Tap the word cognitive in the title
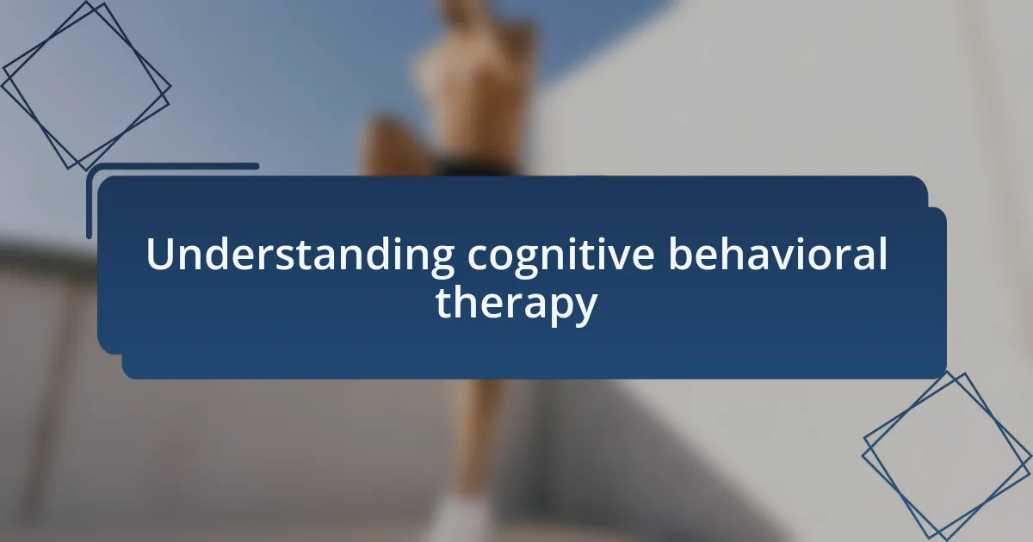coord(560,256)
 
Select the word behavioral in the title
coord(777,254)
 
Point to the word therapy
coord(516,305)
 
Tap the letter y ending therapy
coord(585,310)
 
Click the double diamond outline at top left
coord(86,86)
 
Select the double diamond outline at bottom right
coord(946,456)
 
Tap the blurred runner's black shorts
coord(475,167)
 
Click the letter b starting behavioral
coord(682,254)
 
